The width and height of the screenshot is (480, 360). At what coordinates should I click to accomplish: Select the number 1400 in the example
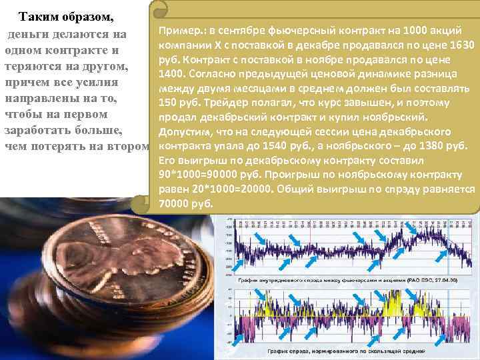pyautogui.click(x=173, y=73)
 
